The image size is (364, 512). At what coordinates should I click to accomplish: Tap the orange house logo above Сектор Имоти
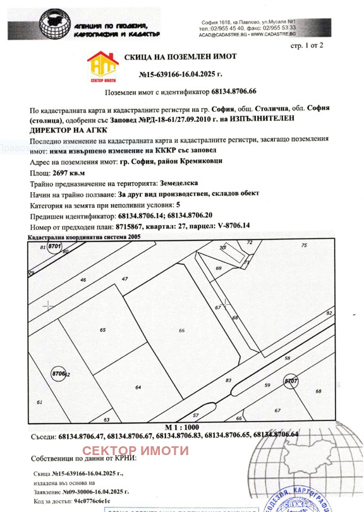102,65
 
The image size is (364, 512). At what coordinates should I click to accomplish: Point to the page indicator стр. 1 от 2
306,46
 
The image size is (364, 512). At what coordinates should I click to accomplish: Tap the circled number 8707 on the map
291,382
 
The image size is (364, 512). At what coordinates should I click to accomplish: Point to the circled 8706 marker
59,374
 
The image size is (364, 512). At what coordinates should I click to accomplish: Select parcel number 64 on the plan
138,387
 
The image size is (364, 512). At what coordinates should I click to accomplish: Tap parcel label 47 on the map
124,279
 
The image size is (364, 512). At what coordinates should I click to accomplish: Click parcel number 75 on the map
303,245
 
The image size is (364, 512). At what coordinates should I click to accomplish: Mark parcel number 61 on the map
39,402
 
